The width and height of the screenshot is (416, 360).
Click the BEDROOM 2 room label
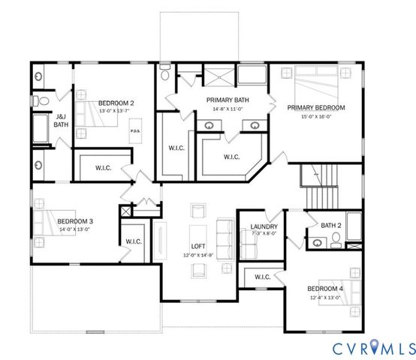point(116,103)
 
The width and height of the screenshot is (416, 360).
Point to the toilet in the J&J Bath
point(43,98)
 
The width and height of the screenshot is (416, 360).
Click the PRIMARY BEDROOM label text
point(315,108)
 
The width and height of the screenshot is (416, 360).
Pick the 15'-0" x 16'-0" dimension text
point(315,116)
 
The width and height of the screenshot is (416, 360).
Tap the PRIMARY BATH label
point(228,100)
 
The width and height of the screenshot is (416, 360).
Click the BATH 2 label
point(331,225)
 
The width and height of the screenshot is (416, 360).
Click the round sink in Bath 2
point(318,241)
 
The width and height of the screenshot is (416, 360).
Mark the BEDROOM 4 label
point(325,289)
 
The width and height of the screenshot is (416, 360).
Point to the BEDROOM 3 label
point(75,221)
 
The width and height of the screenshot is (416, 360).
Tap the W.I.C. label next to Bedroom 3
point(134,241)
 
